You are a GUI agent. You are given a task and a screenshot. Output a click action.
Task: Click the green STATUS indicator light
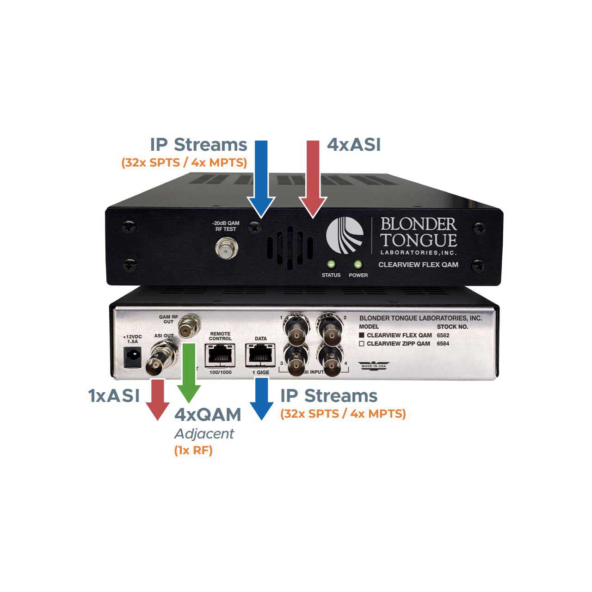tap(331, 265)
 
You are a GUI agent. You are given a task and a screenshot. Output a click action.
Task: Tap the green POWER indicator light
tap(358, 265)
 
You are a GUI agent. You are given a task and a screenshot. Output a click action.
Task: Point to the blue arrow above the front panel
tap(261, 178)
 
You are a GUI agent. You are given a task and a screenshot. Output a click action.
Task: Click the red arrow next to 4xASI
tap(313, 178)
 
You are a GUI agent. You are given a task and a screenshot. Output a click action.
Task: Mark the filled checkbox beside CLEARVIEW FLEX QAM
tap(363, 335)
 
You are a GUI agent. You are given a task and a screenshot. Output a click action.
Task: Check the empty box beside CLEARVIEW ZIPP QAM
tap(363, 344)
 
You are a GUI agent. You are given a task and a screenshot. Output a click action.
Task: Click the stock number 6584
tap(443, 344)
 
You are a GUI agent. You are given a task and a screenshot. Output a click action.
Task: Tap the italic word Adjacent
tap(204, 434)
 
